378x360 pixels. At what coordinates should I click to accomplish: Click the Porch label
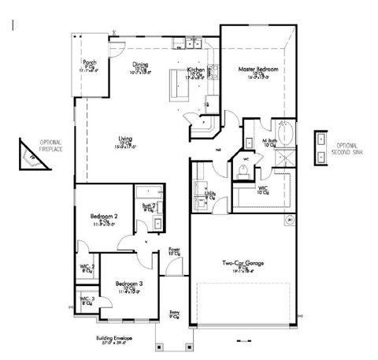click(x=89, y=61)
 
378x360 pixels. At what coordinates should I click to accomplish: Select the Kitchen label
click(x=195, y=69)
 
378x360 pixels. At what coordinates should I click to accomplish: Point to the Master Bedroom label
click(x=258, y=70)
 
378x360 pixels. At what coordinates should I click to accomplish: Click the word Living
click(x=124, y=139)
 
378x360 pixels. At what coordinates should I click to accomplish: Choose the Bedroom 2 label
click(x=104, y=216)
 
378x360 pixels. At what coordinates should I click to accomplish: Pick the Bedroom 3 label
click(x=128, y=284)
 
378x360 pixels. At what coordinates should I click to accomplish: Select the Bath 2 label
click(x=147, y=206)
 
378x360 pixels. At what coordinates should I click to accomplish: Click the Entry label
click(x=174, y=313)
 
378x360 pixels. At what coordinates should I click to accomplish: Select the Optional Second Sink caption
click(x=346, y=147)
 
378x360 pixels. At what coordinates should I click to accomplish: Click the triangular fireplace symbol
click(x=31, y=155)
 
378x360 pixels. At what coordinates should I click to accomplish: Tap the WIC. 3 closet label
click(x=86, y=299)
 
